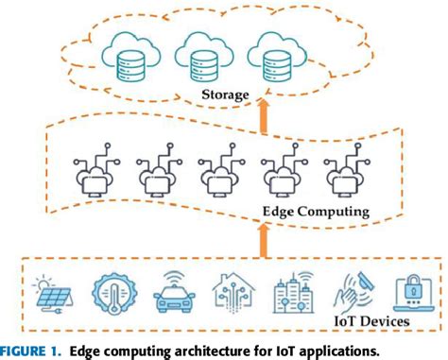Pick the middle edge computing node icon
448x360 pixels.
tap(217, 174)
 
